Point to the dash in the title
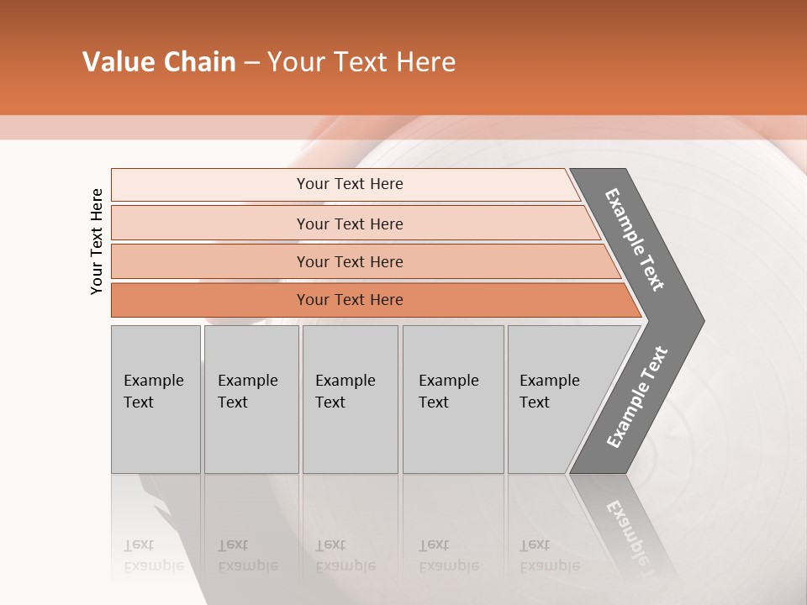pos(251,63)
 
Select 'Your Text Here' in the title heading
pos(361,62)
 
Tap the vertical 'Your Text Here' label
pos(97,241)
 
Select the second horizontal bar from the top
pos(349,224)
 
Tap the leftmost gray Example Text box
pos(156,399)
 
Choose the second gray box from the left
pos(251,399)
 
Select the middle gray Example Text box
pos(350,399)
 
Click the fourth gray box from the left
pos(453,399)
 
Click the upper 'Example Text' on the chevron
pos(635,239)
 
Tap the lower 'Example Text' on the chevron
pos(636,397)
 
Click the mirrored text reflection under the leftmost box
pos(153,555)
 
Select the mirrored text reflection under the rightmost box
pos(549,555)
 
